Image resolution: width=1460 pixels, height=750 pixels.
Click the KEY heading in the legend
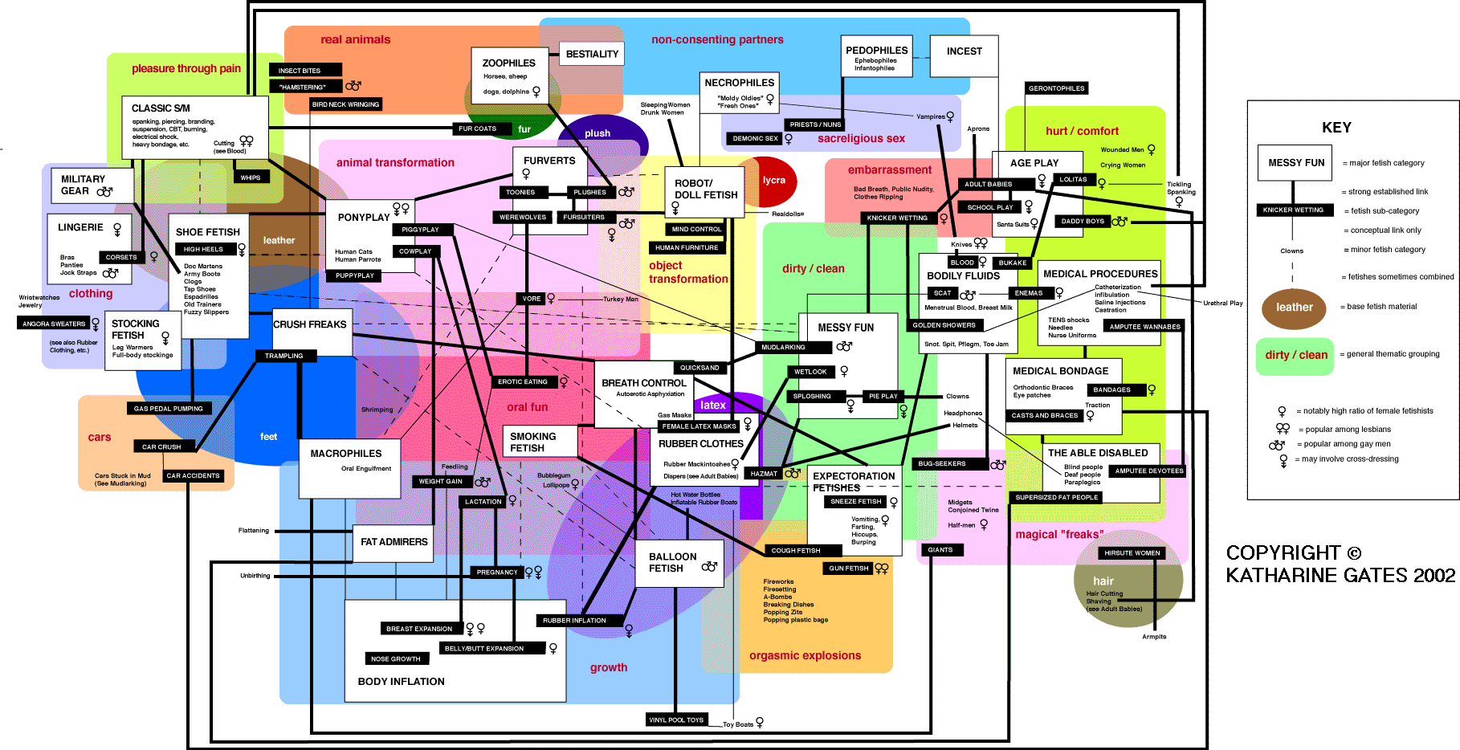coord(1336,128)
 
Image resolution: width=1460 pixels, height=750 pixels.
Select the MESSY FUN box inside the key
coord(1295,163)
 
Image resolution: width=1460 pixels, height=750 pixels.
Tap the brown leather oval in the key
coord(1294,308)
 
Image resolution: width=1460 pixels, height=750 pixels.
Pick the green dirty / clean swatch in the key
coord(1295,356)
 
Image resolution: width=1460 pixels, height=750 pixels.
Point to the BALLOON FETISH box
coord(679,562)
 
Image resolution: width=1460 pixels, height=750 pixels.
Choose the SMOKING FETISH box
coord(539,442)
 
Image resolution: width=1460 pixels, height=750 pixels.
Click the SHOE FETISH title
coord(208,232)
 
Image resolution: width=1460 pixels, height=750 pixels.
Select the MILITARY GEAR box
coord(87,185)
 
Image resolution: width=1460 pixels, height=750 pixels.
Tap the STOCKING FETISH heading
coord(136,329)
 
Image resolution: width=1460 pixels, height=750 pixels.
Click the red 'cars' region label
coord(100,438)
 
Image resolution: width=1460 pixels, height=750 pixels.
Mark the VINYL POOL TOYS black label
coord(676,719)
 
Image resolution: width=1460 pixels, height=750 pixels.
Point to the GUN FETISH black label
coord(848,569)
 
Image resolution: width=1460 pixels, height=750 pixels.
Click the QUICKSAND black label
coord(699,368)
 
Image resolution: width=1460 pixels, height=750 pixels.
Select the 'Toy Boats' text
coord(738,724)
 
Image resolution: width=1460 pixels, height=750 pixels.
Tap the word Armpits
coord(1154,637)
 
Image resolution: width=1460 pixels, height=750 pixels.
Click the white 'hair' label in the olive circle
coord(1103,581)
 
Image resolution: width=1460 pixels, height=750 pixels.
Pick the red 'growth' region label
coord(609,667)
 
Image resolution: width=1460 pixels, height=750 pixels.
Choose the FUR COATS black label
coord(477,128)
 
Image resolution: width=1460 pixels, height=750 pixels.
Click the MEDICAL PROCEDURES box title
coord(1100,274)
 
